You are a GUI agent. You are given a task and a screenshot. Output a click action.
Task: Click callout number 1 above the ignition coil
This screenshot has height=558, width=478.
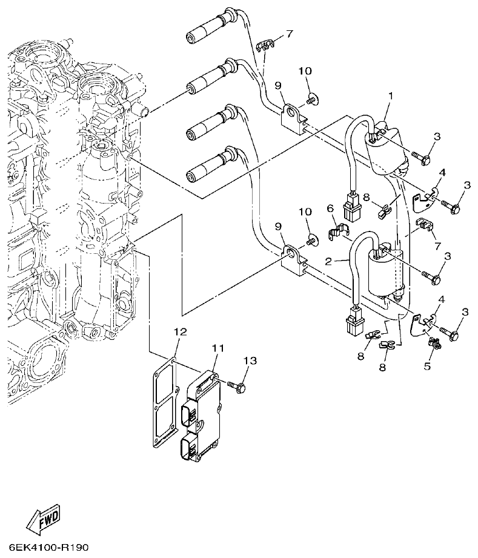[x=391, y=96]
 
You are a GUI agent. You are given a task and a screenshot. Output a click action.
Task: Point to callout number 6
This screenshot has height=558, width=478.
[x=331, y=208]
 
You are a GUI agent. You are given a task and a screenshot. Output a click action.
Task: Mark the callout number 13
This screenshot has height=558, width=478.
[x=250, y=362]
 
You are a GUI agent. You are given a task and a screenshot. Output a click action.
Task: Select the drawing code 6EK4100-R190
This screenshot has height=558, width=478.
[x=48, y=548]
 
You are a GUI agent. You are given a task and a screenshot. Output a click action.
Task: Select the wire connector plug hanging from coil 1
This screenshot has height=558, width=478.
[x=351, y=206]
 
